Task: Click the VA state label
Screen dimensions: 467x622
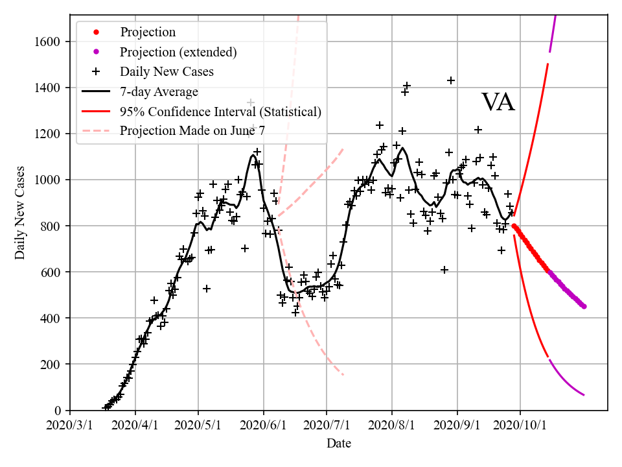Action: click(498, 102)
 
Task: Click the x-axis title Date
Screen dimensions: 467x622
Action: click(339, 444)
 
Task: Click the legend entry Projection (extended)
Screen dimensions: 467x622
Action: click(178, 51)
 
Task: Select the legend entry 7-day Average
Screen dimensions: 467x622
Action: click(159, 91)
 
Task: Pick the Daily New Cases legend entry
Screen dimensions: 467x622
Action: click(167, 71)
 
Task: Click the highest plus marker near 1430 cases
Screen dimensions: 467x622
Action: click(451, 80)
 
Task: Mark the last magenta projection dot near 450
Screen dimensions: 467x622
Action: click(584, 306)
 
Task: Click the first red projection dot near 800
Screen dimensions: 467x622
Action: click(514, 226)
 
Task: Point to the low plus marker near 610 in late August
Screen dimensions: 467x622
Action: click(444, 270)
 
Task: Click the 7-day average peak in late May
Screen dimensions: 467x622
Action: click(253, 154)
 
